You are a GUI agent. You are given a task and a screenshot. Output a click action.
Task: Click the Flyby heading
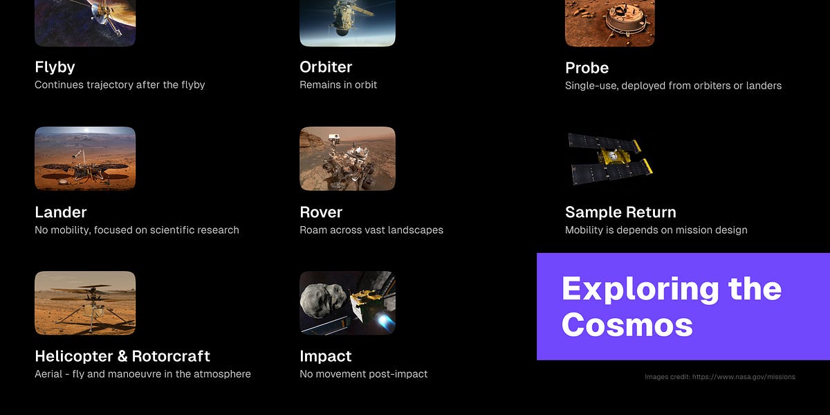click(x=55, y=67)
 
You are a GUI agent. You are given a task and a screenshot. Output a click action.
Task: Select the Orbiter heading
click(x=326, y=67)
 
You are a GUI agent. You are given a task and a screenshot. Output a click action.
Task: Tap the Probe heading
click(x=587, y=68)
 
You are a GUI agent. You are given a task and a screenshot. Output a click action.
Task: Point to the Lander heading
click(x=61, y=212)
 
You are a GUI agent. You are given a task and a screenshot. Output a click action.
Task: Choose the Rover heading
click(x=321, y=212)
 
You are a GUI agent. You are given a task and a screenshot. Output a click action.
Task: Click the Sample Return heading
click(x=620, y=212)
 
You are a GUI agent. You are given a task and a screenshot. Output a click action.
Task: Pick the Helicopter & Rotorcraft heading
click(x=122, y=356)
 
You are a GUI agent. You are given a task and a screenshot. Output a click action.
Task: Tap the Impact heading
click(x=325, y=356)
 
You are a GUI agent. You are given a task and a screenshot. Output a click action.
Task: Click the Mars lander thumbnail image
click(x=85, y=158)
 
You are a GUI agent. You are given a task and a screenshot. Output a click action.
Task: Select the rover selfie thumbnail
click(x=347, y=158)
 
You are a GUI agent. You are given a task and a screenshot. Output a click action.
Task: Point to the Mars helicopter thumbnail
click(x=85, y=303)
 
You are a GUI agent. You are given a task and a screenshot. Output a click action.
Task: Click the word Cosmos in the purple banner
click(x=627, y=324)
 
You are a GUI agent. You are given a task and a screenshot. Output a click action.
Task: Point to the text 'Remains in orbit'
click(x=338, y=85)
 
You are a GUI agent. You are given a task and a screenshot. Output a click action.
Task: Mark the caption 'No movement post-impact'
click(x=363, y=374)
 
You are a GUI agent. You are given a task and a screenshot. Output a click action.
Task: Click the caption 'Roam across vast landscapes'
click(x=371, y=230)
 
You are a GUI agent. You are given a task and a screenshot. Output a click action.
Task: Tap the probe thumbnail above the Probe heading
click(x=609, y=23)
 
